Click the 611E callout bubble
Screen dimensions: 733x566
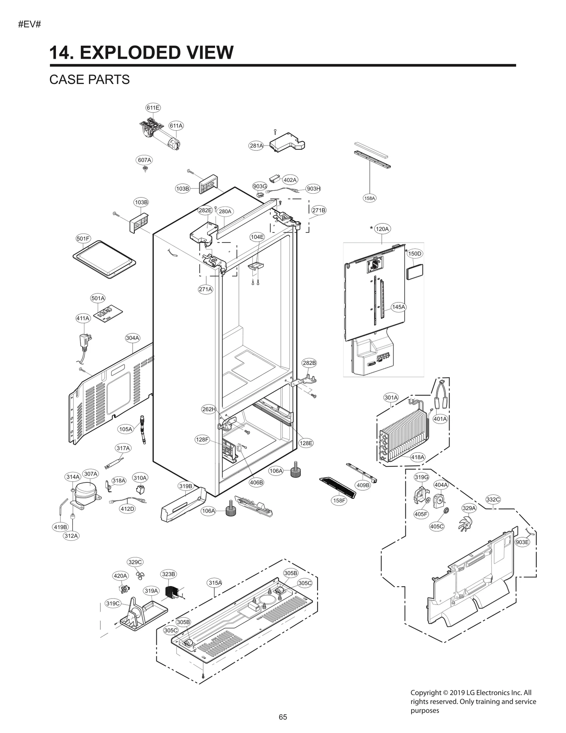(x=153, y=108)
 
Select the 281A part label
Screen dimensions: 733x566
(x=256, y=145)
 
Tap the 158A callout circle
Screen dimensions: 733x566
(x=370, y=198)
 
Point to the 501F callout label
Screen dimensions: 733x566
(x=83, y=239)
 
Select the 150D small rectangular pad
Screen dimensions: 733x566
(x=415, y=272)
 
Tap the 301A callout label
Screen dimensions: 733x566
(x=391, y=397)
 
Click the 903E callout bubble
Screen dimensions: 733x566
(x=522, y=542)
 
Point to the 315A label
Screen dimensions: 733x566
(x=215, y=583)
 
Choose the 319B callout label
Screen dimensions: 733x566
(x=186, y=486)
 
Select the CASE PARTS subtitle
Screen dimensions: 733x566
(x=89, y=80)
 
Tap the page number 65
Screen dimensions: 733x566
(x=283, y=717)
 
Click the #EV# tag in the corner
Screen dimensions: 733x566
(x=30, y=25)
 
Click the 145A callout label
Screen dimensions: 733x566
(x=399, y=307)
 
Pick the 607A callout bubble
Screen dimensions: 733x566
(x=144, y=160)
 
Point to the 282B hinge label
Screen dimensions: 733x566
(x=309, y=363)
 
